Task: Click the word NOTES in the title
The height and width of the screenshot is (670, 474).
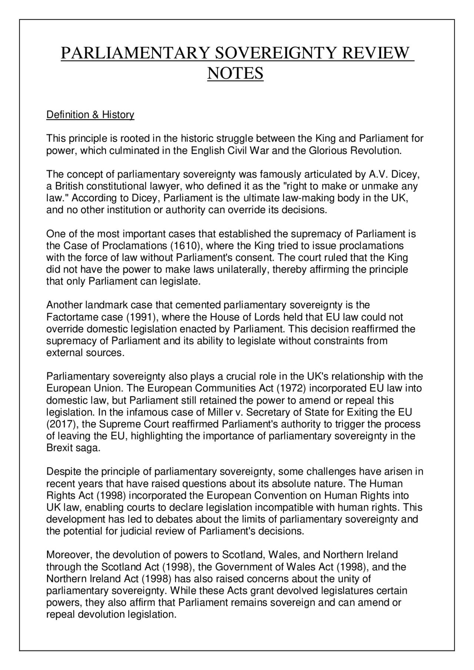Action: pos(235,73)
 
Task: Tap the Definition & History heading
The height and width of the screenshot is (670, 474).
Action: pos(90,115)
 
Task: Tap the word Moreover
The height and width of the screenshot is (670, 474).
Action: pos(69,555)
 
